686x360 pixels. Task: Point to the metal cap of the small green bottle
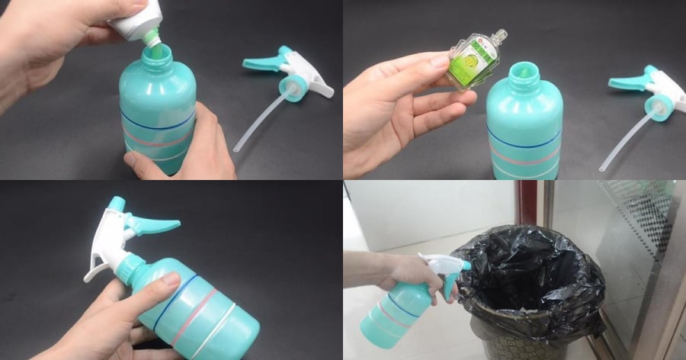pyautogui.click(x=500, y=35)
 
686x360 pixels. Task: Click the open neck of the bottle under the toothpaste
pyautogui.click(x=156, y=54)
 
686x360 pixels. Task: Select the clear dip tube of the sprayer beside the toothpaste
pyautogui.click(x=259, y=122)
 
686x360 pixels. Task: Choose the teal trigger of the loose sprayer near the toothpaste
pyautogui.click(x=263, y=61)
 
